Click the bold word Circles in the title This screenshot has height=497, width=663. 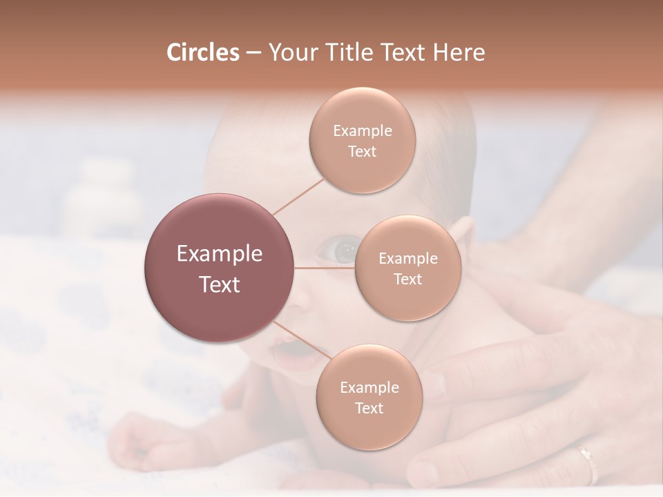point(203,52)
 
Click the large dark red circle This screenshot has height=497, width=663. point(220,268)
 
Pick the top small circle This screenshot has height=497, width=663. point(363,140)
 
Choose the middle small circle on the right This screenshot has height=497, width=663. point(407,268)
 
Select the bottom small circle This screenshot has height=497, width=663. point(369,397)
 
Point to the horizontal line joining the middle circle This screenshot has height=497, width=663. point(325,268)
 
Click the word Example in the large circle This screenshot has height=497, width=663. point(220,254)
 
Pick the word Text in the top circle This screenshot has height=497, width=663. point(363,151)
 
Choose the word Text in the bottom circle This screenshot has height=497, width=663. point(369,408)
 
